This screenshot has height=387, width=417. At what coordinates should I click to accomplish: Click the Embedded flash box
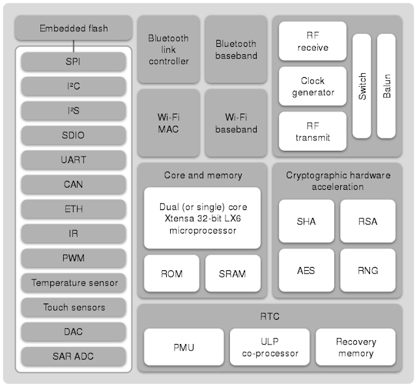(x=74, y=29)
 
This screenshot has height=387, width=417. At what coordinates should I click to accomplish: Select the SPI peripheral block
(x=74, y=63)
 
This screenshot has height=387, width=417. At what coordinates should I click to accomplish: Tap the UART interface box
(x=74, y=160)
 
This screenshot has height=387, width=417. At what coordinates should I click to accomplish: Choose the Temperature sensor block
(x=74, y=283)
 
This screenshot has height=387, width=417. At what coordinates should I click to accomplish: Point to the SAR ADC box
(x=74, y=356)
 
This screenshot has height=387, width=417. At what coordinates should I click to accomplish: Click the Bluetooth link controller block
(x=168, y=50)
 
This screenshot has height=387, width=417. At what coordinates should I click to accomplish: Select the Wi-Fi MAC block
(x=168, y=123)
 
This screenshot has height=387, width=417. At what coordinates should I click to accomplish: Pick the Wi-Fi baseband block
(x=236, y=123)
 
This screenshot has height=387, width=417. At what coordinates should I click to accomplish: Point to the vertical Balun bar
(x=386, y=85)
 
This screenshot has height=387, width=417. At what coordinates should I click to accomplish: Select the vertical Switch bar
(x=362, y=85)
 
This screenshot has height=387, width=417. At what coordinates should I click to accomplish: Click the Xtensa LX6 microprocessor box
(x=202, y=218)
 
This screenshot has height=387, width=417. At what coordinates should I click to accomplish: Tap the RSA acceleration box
(x=367, y=221)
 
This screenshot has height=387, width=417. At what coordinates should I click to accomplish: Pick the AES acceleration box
(x=306, y=270)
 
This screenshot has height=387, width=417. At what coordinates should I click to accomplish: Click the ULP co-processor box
(x=269, y=347)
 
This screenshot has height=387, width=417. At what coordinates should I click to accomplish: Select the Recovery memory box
(x=356, y=347)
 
